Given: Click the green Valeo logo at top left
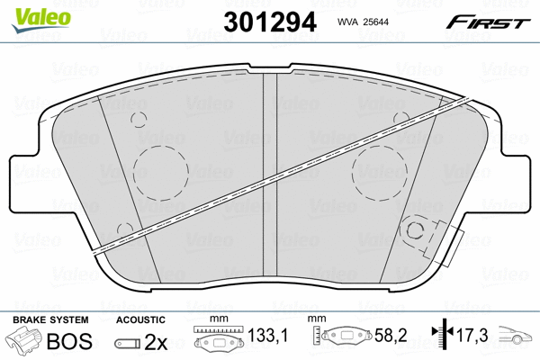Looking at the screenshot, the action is (41, 20).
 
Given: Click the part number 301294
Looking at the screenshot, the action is (270, 22).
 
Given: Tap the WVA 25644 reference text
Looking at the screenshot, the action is (363, 22).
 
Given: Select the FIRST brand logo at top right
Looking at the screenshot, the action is (488, 22).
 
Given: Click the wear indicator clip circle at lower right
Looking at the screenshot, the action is (415, 222).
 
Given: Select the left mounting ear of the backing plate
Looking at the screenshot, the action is (24, 183).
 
